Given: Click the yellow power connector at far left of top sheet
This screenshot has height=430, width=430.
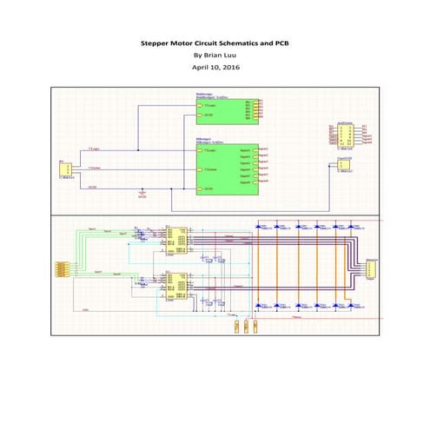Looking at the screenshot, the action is click(x=63, y=168).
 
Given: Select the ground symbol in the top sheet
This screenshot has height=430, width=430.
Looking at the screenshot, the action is click(x=142, y=193).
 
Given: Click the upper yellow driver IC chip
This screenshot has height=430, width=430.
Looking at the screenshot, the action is click(x=178, y=238).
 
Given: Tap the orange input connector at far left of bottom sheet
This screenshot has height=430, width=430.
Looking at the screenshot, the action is click(x=63, y=268).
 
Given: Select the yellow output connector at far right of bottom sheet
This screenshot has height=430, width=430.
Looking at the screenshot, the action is click(x=371, y=268).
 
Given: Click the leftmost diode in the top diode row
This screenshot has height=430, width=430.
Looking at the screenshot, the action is click(x=261, y=226).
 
